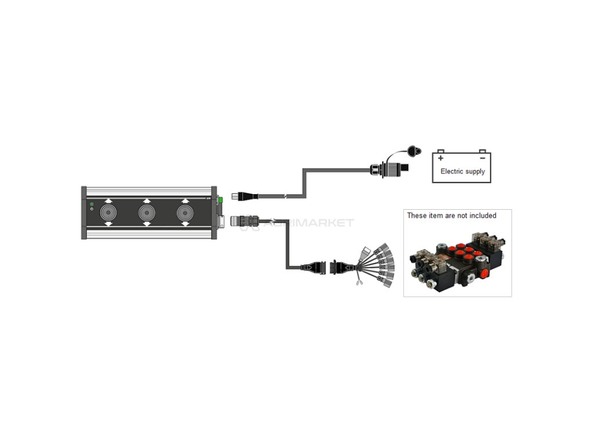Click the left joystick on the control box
pos(108,212)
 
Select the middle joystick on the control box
pos(147,212)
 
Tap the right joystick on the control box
pos(184,212)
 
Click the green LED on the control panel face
pos(92,203)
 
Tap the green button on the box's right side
pos(220,200)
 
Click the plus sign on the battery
pos(441,158)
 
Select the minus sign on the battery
pos(482,158)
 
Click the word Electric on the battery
pos(451,172)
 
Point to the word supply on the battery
pos(475,172)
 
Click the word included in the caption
pos(482,216)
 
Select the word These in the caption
pos(416,216)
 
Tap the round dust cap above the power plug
pos(414,152)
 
